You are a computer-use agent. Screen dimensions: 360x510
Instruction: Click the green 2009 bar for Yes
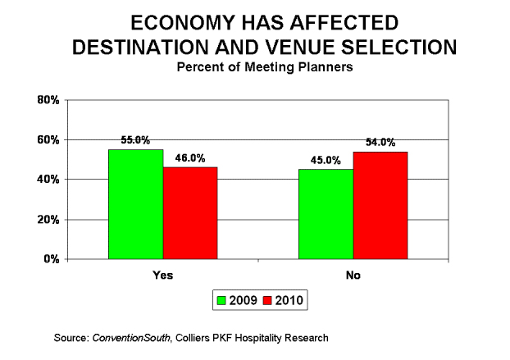point(135,204)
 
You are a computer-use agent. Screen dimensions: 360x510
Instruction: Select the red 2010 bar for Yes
point(190,213)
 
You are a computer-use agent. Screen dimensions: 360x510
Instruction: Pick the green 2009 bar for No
point(326,214)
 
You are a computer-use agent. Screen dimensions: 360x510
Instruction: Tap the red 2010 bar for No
point(380,205)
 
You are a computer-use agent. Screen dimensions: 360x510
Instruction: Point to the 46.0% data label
point(190,158)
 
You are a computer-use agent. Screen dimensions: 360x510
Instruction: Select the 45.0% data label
point(326,161)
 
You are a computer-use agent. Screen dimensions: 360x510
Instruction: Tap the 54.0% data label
point(380,143)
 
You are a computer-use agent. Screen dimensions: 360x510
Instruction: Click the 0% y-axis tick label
point(49,259)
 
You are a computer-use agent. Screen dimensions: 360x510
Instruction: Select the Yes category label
point(163,275)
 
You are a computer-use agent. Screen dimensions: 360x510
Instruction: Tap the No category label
point(353,275)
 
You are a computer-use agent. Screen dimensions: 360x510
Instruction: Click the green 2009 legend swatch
point(221,300)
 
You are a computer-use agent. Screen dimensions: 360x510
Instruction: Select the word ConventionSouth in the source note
point(131,336)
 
